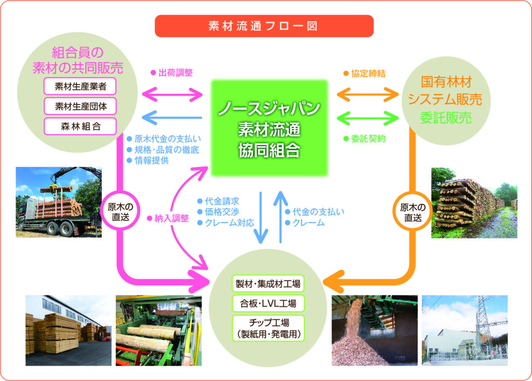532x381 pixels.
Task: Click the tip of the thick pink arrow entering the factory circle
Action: pyautogui.click(x=210, y=282)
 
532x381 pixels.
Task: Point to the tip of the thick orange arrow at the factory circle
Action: pyautogui.click(x=323, y=282)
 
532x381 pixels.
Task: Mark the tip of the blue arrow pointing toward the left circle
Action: pyautogui.click(x=142, y=118)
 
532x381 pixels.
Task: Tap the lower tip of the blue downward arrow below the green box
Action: pyautogui.click(x=261, y=243)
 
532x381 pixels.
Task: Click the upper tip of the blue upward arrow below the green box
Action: pyautogui.click(x=281, y=191)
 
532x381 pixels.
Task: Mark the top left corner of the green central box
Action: pyautogui.click(x=211, y=81)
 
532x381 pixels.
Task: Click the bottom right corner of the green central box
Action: pyautogui.click(x=328, y=176)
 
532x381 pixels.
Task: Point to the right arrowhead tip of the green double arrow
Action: pyautogui.click(x=398, y=118)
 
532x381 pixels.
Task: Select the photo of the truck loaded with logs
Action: pyautogui.click(x=59, y=202)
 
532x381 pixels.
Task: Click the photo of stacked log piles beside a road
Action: pyautogui.click(x=474, y=203)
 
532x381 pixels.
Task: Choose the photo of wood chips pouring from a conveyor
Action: pyautogui.click(x=375, y=331)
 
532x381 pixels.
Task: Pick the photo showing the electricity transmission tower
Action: pyautogui.click(x=465, y=331)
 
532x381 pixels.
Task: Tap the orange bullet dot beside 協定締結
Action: pyautogui.click(x=346, y=73)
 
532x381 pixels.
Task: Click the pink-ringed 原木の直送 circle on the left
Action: pyautogui.click(x=121, y=212)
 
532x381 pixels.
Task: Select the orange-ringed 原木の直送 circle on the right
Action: pyautogui.click(x=413, y=212)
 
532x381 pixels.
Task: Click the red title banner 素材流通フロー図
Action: pyautogui.click(x=264, y=26)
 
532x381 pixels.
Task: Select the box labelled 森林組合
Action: pyautogui.click(x=80, y=126)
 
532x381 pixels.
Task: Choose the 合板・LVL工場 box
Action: pyautogui.click(x=268, y=303)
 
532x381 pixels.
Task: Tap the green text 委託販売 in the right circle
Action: pyautogui.click(x=446, y=118)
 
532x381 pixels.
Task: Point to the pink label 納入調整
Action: pyautogui.click(x=171, y=218)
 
